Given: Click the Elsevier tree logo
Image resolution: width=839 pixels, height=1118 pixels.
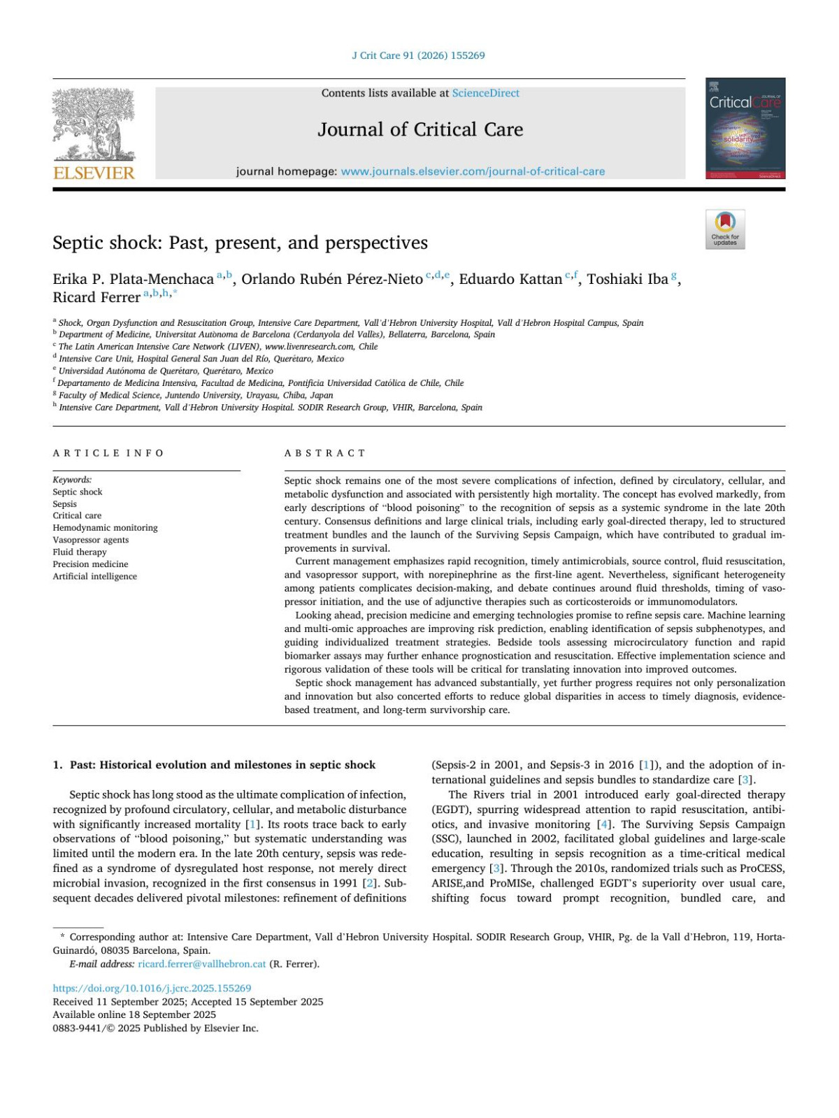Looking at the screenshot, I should (x=94, y=126).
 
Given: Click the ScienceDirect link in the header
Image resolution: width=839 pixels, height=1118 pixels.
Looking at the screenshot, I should (x=485, y=93).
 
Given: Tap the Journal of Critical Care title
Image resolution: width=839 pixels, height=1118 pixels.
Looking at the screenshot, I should (x=420, y=130).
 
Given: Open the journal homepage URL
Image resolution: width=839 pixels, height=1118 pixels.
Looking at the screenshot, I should (x=473, y=171).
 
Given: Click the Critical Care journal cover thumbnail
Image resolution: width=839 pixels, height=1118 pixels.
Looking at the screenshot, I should (x=745, y=129).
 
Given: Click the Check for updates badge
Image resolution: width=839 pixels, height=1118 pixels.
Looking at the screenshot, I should (x=725, y=229).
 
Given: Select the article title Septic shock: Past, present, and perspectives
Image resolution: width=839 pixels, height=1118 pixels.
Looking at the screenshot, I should (x=240, y=243).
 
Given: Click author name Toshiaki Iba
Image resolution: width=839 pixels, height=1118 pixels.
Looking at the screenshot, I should (x=627, y=280).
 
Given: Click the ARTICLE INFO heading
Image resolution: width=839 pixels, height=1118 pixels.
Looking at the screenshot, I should (x=108, y=453).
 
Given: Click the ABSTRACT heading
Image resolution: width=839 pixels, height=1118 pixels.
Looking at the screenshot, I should (x=325, y=453).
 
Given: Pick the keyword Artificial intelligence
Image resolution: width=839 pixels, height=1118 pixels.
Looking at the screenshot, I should (x=95, y=576).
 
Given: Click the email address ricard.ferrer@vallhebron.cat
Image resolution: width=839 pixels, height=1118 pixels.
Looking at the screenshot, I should (x=201, y=963).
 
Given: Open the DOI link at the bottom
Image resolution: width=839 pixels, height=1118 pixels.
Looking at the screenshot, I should (x=152, y=988).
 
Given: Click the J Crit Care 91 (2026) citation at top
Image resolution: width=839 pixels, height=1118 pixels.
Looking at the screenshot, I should (x=418, y=55).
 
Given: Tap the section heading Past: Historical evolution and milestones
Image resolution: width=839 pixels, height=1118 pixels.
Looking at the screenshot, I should (x=222, y=765).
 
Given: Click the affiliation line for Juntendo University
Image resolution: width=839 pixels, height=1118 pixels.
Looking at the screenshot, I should (x=196, y=395).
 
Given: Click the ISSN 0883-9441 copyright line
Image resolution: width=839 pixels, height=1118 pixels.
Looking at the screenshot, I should (x=155, y=1028).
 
